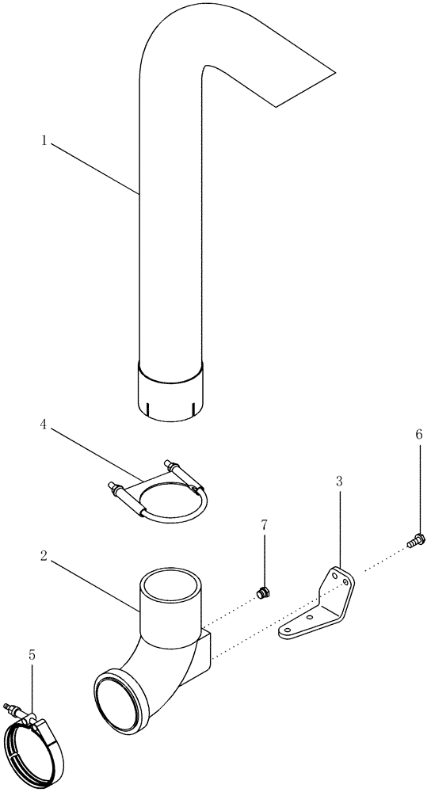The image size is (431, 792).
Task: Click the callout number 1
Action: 45,140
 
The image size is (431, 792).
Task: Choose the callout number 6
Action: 418,434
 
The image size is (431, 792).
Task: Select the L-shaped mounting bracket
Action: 321,602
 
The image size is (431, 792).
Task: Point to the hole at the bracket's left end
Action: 288,630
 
